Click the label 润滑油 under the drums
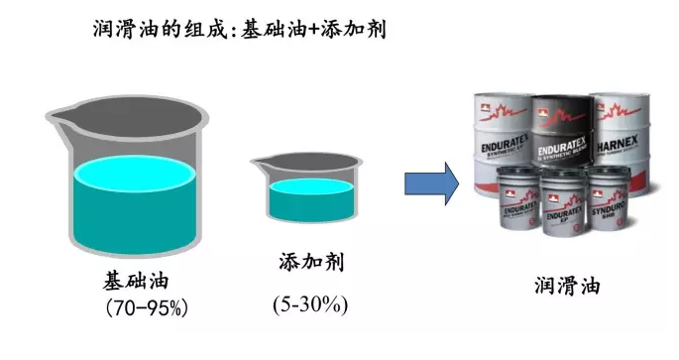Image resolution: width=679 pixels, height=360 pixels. click(x=565, y=287)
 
